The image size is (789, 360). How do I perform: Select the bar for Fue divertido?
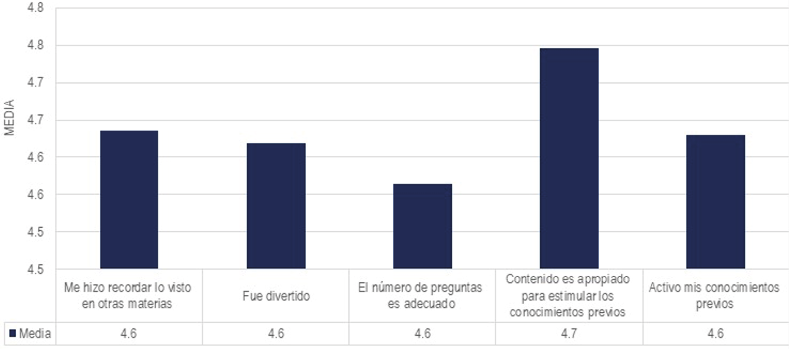pos(276,206)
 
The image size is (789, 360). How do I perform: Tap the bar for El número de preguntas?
pos(422,226)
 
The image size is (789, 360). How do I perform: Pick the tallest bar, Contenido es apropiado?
pos(569,158)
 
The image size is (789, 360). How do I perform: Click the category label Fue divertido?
pos(276,296)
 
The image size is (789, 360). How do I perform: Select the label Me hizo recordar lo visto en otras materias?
pos(127,296)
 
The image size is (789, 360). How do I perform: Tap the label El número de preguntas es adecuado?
pos(420,296)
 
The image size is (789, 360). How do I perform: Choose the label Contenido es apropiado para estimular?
pos(568,296)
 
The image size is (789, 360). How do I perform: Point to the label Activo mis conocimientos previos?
pos(714,296)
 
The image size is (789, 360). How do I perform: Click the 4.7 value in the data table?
pos(569,333)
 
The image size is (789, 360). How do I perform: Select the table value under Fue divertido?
pos(276,333)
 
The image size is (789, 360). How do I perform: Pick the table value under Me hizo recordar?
pos(129,333)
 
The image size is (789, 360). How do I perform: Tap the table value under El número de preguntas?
pos(422,333)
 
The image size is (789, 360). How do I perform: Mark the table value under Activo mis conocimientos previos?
pos(715,333)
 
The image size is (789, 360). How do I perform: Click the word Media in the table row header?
pos(35,334)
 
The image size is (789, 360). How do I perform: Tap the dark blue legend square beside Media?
pos(13,333)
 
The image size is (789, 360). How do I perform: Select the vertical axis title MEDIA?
pos(9,117)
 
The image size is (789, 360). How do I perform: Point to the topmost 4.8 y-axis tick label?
pos(36,8)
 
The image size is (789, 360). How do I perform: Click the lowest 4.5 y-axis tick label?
pos(36,269)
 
